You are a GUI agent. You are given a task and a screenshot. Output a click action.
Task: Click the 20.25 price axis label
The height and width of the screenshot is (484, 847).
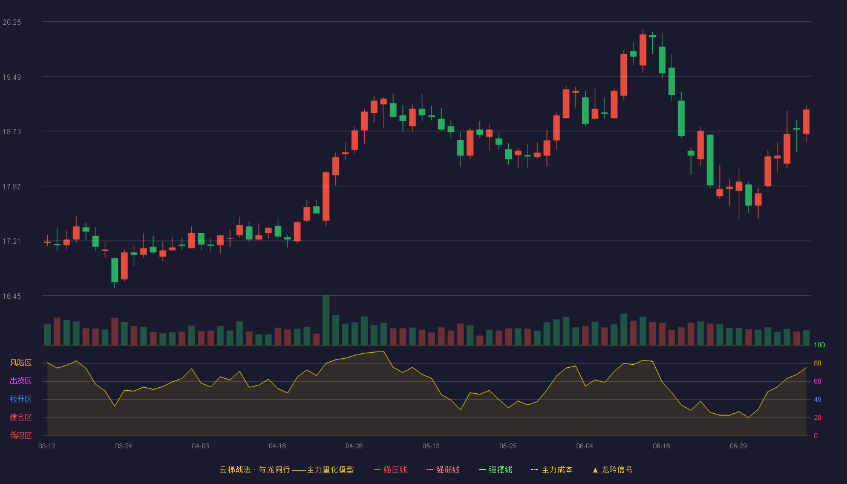coord(11,22)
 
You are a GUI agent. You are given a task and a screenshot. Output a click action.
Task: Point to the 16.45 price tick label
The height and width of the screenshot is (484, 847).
coord(11,296)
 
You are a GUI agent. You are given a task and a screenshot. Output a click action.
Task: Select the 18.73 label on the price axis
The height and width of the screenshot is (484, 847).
coord(11,132)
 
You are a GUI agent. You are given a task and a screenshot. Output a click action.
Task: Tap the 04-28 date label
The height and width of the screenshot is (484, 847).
coord(354,446)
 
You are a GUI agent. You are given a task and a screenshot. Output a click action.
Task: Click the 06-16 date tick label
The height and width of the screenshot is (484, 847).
coord(661,446)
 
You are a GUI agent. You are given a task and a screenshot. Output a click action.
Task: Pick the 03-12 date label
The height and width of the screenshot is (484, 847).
coord(47,446)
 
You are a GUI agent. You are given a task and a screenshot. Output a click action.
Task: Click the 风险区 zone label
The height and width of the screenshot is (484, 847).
coord(21,363)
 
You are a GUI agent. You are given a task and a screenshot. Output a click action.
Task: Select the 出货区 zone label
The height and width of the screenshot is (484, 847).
coord(21,381)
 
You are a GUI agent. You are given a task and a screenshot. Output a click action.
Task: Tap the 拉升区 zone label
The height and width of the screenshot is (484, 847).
coord(21,399)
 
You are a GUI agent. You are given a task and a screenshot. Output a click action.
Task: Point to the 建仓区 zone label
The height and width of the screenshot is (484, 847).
coord(21,417)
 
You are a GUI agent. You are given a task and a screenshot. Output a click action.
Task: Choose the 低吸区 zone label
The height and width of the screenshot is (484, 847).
coord(21,435)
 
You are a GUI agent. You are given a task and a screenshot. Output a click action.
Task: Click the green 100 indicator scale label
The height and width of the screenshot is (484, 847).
coord(819,345)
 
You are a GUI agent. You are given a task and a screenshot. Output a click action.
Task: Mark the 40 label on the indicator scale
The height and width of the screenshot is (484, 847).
coord(817,399)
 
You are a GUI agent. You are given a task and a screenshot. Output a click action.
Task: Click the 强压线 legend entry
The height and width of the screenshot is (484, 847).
coord(390,469)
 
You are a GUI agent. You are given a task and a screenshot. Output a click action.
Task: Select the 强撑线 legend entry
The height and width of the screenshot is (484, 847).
coord(495,469)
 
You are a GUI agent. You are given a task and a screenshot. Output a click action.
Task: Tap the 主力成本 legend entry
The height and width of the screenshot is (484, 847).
coord(552,469)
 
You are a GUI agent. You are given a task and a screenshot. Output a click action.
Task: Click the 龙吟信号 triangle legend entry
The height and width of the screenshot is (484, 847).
coord(612,469)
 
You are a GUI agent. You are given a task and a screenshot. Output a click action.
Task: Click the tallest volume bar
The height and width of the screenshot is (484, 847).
coord(326,320)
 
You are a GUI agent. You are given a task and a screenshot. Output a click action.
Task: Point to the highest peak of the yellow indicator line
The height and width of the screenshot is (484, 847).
coord(384,352)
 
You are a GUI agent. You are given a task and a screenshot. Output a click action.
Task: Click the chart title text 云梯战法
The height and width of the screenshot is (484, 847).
coord(235,469)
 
